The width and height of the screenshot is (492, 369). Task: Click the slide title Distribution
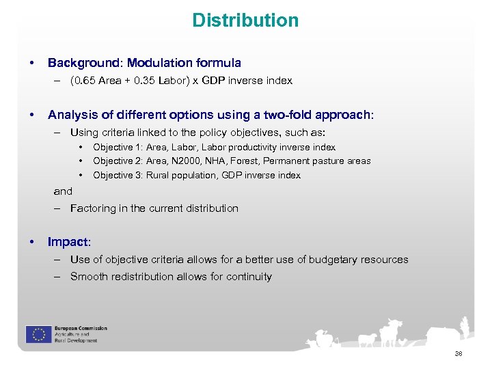(245, 20)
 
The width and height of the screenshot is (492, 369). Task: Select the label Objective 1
(118, 147)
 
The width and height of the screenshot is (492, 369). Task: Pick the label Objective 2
(118, 161)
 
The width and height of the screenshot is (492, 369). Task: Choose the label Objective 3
(118, 175)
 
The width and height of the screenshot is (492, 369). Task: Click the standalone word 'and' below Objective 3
(63, 191)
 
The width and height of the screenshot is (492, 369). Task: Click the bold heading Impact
(68, 242)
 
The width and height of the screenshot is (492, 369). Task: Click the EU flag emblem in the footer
(36, 334)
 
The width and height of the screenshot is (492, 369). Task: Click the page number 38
(458, 353)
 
